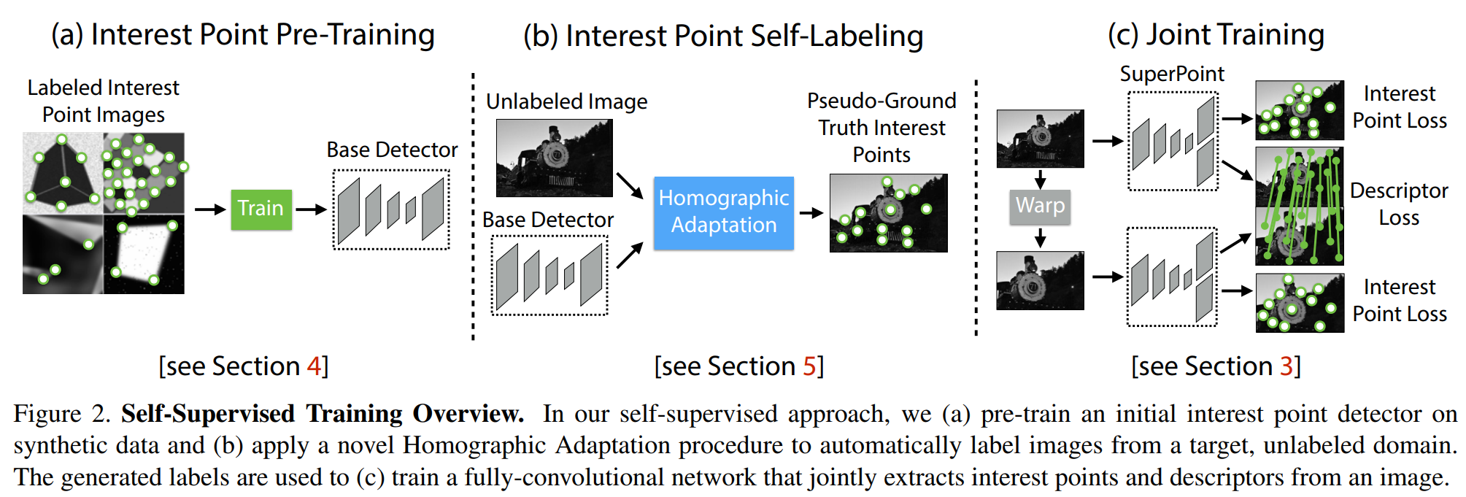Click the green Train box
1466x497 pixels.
click(261, 209)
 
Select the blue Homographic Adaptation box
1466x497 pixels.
click(724, 212)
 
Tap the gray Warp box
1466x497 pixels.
click(1040, 207)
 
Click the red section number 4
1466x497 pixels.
click(315, 366)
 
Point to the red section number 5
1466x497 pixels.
click(809, 366)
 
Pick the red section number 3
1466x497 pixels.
click(1287, 366)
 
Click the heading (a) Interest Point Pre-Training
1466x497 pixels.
click(243, 35)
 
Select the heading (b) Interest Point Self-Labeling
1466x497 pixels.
click(723, 36)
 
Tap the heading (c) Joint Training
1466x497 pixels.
click(1216, 35)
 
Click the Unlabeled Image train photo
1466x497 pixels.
click(555, 158)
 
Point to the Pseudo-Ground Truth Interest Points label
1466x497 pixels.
click(881, 128)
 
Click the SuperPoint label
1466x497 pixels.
click(1172, 74)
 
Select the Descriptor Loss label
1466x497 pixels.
click(1399, 204)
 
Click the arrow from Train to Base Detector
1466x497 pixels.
click(311, 209)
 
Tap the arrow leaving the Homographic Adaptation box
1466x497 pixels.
click(811, 213)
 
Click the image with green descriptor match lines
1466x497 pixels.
click(1300, 206)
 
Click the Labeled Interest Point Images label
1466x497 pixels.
click(104, 101)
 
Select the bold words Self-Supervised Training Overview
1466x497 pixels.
click(323, 414)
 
